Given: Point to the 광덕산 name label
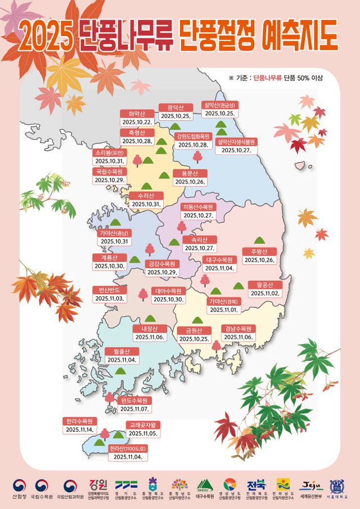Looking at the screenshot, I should pos(175,107).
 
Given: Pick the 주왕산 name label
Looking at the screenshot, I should pos(259,251).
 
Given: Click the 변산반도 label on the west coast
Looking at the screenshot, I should pos(109,289).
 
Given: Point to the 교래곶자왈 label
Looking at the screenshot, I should pos(143,425).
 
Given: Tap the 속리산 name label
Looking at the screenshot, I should pos(199,239).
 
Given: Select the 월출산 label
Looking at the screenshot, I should pos(122,351).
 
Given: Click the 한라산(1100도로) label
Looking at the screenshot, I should pos(129,449).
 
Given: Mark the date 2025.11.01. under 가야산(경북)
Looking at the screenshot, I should pos(224,310).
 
